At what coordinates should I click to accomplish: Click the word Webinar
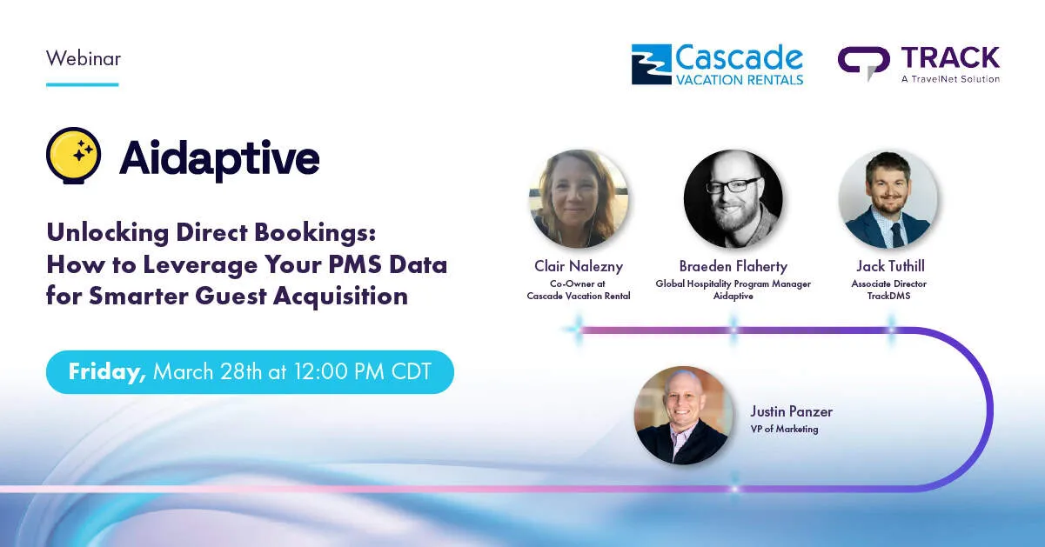(84, 59)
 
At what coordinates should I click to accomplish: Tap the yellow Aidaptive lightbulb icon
(74, 156)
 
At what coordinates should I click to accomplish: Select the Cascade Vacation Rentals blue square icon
(651, 64)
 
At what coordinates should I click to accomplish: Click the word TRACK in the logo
(950, 57)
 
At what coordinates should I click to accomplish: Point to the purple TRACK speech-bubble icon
(863, 63)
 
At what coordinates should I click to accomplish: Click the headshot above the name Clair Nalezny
(579, 198)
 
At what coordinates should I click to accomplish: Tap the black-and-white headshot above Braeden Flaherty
(733, 198)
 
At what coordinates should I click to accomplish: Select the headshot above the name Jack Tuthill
(888, 198)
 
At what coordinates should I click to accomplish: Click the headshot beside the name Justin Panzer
(683, 415)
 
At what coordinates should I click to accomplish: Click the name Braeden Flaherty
(733, 266)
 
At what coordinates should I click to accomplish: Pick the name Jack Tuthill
(890, 266)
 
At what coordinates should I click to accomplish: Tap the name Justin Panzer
(791, 411)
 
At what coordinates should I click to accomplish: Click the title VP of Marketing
(784, 429)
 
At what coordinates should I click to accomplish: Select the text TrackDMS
(888, 296)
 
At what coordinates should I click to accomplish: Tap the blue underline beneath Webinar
(82, 84)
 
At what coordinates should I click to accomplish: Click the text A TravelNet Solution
(950, 79)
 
